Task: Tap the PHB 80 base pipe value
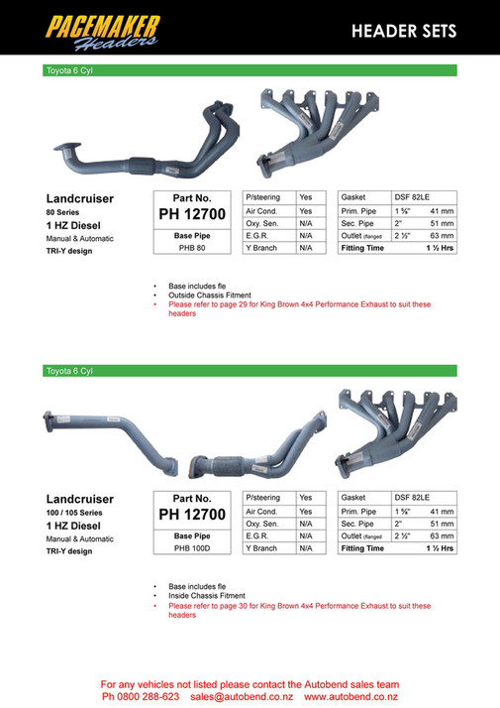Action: click(191, 248)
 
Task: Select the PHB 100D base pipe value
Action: click(191, 547)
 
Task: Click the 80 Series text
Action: click(64, 212)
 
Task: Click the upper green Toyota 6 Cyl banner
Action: click(248, 71)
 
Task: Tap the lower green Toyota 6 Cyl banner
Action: click(248, 371)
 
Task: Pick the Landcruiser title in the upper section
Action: click(80, 198)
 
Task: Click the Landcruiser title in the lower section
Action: click(80, 498)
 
